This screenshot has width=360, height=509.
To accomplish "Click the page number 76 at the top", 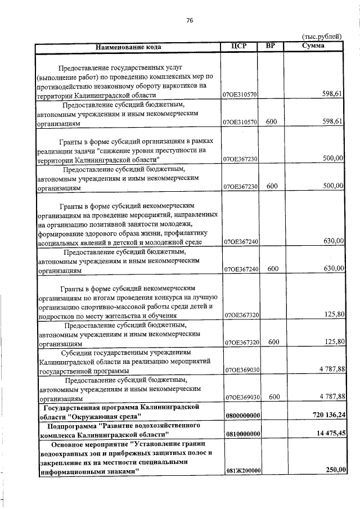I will click(x=190, y=20).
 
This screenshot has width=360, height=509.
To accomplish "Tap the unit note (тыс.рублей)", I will click(x=322, y=37).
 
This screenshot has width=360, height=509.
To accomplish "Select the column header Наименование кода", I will click(x=129, y=47).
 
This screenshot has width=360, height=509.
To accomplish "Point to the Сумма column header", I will click(x=313, y=46).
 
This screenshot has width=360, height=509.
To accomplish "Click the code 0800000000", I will click(x=241, y=415).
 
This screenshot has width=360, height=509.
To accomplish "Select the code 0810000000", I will click(x=241, y=434).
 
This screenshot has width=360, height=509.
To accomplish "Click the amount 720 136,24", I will click(x=325, y=415).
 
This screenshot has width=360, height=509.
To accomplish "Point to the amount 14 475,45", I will click(x=327, y=434).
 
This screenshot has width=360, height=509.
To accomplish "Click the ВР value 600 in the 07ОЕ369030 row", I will click(x=273, y=397).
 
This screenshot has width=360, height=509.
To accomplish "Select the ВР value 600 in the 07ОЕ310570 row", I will click(x=273, y=121).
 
